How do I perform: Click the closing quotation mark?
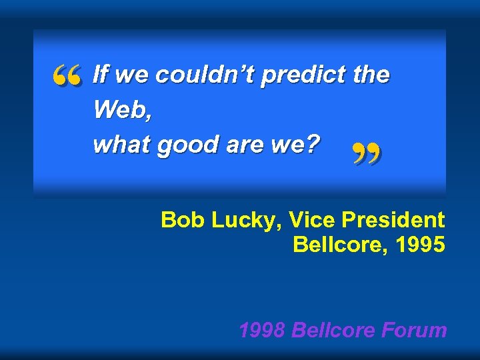[366, 156]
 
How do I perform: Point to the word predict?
[303, 75]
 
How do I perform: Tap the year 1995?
[420, 245]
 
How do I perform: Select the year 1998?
[263, 329]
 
